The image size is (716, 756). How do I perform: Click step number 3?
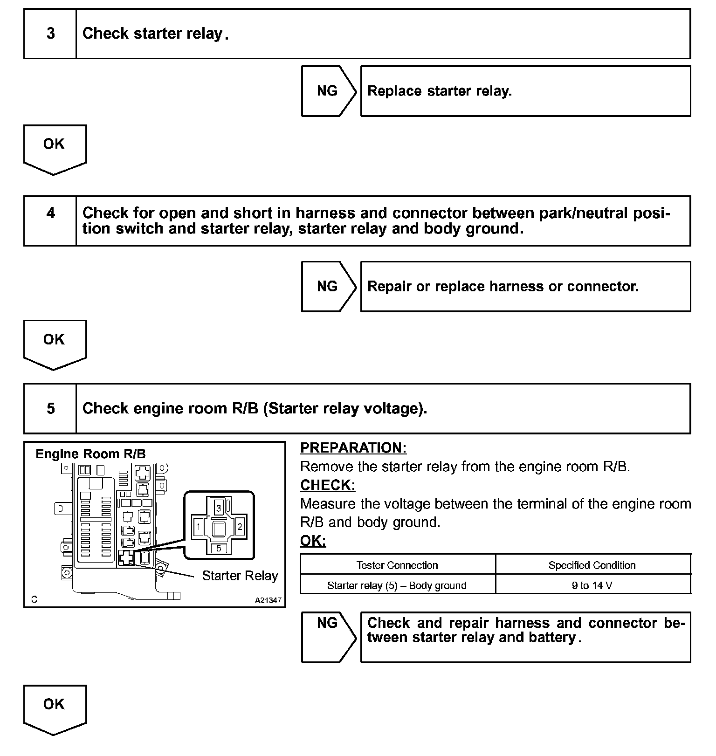point(50,34)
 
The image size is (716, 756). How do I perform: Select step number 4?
point(50,213)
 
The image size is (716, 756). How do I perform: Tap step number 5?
point(50,408)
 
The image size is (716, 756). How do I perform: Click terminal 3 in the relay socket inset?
point(219,507)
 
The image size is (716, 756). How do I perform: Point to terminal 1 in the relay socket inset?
point(199,527)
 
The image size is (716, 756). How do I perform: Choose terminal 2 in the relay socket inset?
point(240,527)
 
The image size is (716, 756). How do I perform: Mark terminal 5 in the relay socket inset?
point(219,548)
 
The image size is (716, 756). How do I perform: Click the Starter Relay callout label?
point(240,576)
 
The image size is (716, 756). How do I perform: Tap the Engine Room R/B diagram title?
point(90,454)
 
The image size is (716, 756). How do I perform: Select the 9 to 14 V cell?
point(592,585)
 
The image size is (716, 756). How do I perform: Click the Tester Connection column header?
point(397,565)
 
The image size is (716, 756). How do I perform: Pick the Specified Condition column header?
point(592,565)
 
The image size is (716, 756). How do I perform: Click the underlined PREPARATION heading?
point(353,448)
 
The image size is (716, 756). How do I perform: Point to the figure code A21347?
point(268,600)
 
